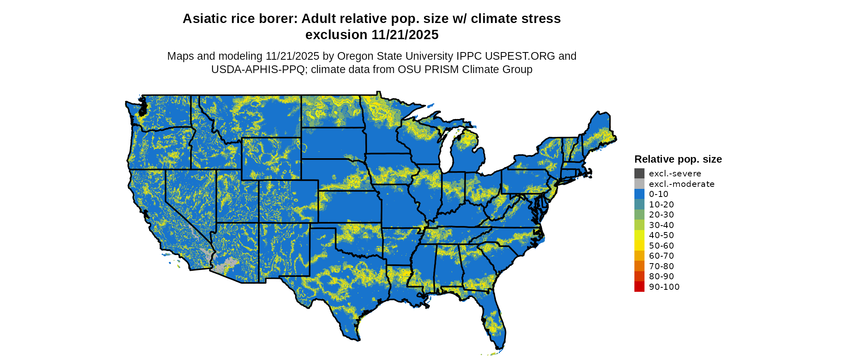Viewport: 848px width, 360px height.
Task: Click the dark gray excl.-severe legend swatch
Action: [639, 174]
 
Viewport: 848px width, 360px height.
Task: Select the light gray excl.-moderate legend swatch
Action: [639, 184]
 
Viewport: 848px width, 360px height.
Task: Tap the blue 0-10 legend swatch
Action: [639, 194]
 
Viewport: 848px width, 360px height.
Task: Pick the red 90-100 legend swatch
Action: [639, 287]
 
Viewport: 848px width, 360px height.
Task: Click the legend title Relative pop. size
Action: [678, 159]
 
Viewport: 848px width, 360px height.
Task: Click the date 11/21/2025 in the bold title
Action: [405, 35]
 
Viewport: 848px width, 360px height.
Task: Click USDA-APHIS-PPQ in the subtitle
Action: [258, 69]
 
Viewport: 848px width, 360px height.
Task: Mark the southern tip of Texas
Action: [357, 338]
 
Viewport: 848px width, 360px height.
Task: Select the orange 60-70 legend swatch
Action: [639, 256]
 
